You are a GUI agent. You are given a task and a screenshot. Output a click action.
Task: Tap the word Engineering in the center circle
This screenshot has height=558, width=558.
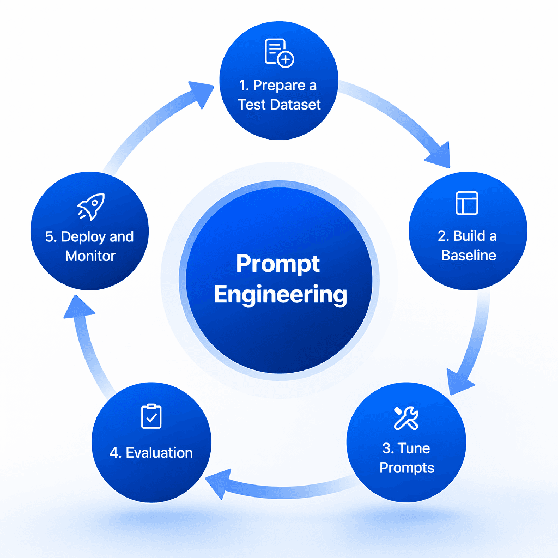[x=280, y=295]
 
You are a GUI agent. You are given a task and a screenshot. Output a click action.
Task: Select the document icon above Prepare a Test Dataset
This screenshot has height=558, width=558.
[x=279, y=53]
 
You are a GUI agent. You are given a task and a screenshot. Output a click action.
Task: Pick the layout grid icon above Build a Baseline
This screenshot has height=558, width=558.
[x=466, y=203]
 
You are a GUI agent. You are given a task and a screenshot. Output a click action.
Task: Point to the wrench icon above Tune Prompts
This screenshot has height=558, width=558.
[x=406, y=417]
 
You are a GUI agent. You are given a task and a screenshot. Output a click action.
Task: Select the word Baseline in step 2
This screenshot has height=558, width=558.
[x=469, y=255]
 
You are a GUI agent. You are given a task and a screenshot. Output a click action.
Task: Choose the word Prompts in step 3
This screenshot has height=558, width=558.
[x=407, y=468]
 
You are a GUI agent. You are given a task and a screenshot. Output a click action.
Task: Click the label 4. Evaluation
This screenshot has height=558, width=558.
[x=151, y=452]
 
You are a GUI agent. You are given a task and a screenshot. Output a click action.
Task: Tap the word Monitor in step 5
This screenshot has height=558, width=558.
[x=90, y=256]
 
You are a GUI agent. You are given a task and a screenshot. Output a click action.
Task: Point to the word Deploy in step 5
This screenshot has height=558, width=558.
[x=81, y=237]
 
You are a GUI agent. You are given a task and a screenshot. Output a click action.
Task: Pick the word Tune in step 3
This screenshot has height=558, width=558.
[x=414, y=448]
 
